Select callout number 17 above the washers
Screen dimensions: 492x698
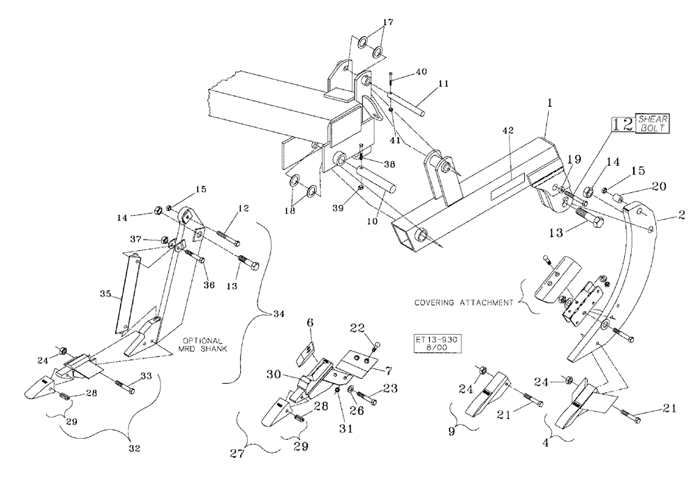[388, 22]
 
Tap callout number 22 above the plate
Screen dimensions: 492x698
[357, 328]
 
